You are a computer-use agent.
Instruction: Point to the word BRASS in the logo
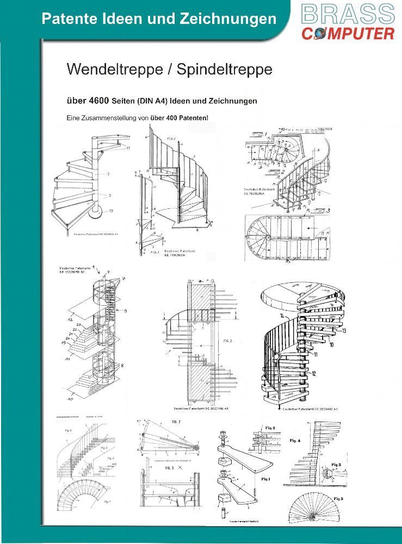tap(347, 13)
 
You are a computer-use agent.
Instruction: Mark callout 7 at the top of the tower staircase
tap(123, 279)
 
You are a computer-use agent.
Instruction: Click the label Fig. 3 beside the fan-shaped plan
tap(339, 498)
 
